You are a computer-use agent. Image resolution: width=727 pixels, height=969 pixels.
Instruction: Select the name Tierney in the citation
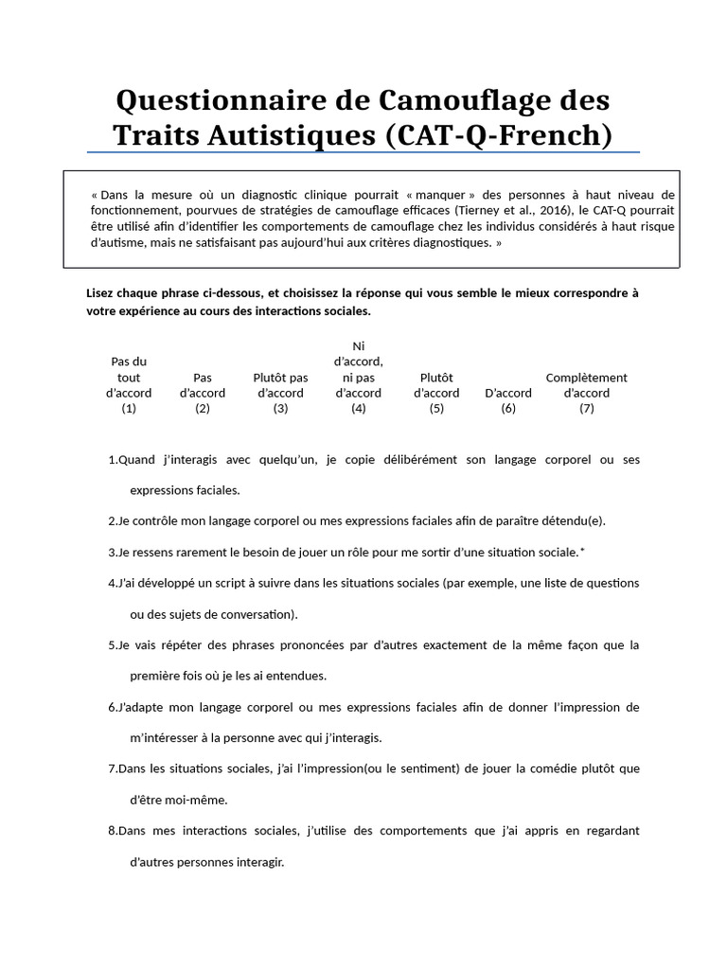click(477, 210)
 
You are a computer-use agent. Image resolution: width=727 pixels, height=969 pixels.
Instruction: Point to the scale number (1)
click(129, 409)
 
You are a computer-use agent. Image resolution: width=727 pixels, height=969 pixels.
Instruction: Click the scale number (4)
click(358, 409)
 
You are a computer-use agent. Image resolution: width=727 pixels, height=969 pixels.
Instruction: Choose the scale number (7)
click(586, 409)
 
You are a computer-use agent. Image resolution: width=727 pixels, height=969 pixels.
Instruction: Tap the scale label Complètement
click(586, 378)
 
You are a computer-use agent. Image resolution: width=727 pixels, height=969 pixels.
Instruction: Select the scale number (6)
click(508, 409)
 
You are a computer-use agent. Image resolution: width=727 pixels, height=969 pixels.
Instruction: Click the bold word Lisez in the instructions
click(100, 293)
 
